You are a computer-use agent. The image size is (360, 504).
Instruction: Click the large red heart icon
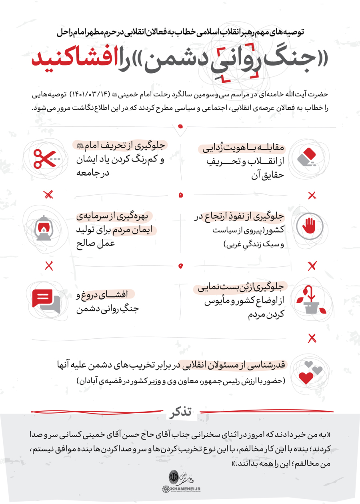306,377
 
